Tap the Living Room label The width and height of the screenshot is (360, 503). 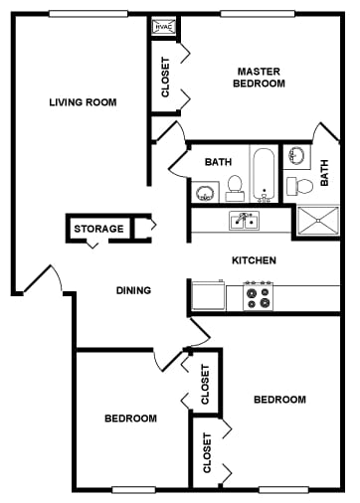83,101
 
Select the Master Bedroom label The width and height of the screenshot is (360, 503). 260,78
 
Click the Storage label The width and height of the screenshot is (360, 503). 98,229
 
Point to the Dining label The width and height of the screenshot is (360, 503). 133,290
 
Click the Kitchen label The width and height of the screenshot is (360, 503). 254,260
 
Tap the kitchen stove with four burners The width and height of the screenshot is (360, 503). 259,295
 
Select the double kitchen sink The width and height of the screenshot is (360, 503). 244,221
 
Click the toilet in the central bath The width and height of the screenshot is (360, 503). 236,186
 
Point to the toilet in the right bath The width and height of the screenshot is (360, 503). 300,185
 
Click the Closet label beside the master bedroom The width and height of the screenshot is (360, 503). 166,77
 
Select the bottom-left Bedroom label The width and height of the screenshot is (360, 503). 130,419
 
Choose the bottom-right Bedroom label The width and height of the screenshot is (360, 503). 279,400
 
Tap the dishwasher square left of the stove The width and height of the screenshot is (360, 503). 207,295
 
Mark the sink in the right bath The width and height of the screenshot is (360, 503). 295,156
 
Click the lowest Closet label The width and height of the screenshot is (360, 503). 207,452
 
